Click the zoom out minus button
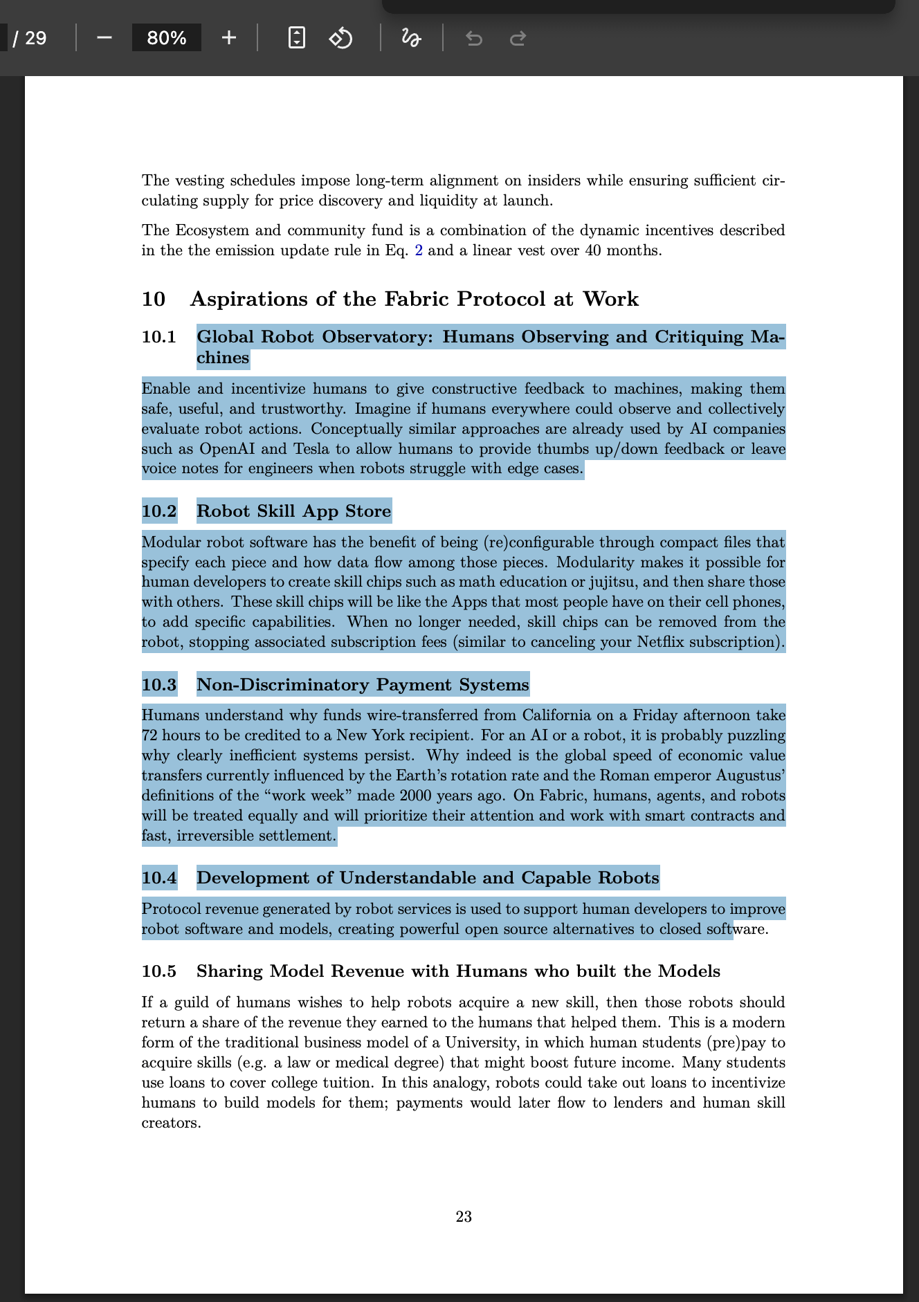click(x=104, y=38)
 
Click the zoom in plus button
click(x=229, y=38)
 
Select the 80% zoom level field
click(x=167, y=38)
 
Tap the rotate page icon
click(x=340, y=38)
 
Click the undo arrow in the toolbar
click(x=474, y=39)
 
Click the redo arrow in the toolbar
click(x=518, y=39)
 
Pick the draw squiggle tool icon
click(x=411, y=38)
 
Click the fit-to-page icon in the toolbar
click(x=296, y=38)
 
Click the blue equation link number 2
click(x=418, y=250)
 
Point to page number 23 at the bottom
click(x=464, y=1216)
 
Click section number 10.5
click(x=158, y=971)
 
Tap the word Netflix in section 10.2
click(x=664, y=642)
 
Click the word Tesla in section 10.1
click(x=311, y=449)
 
